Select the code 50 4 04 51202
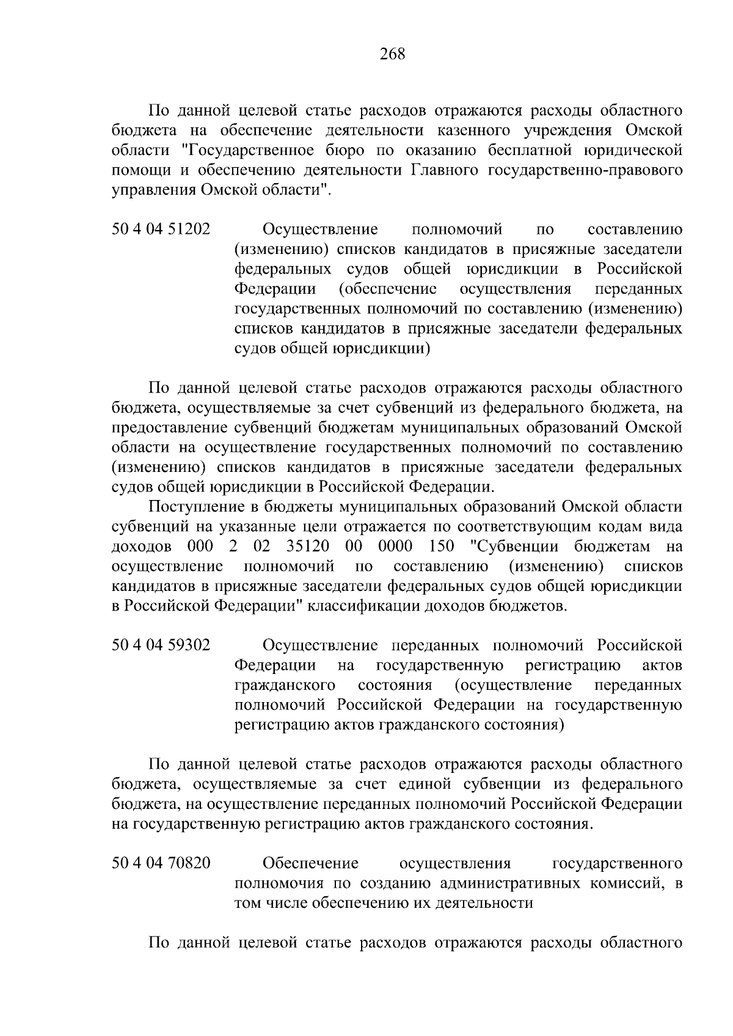point(161,230)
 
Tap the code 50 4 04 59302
point(161,645)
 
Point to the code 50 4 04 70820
point(161,863)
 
